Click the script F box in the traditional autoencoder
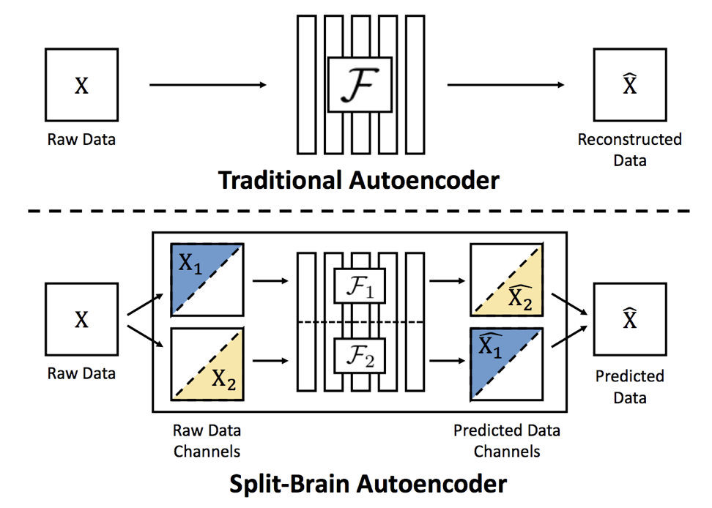pos(360,84)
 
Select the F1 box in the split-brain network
pos(360,285)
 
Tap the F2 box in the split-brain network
pos(360,356)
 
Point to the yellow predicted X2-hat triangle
pos(518,291)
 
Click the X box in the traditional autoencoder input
pos(82,85)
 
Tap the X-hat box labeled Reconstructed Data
pos(630,85)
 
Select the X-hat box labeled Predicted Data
pos(630,319)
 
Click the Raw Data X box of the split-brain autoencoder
pos(82,319)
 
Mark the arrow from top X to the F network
pos(208,85)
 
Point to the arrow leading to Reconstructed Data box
pos(506,85)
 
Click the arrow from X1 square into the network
pos(270,281)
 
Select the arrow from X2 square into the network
pos(270,361)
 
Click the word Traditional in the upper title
pos(280,180)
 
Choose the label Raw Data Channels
pos(207,441)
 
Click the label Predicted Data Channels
pos(507,441)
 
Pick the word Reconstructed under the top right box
pos(630,139)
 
